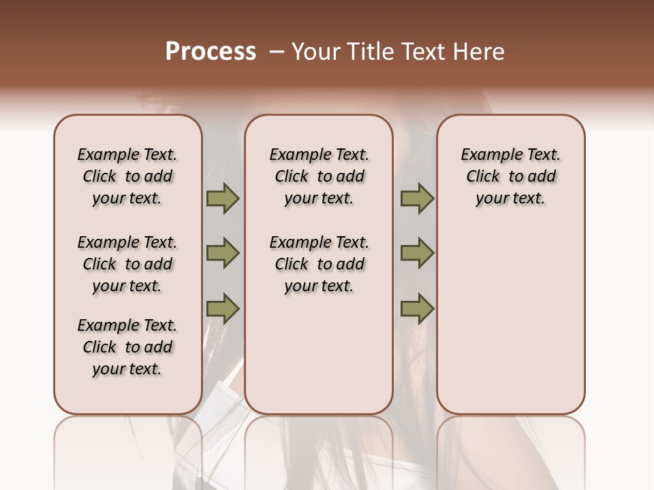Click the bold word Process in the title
coord(211,52)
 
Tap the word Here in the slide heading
coord(480,52)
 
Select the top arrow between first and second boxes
coord(223,199)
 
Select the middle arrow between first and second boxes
coord(223,253)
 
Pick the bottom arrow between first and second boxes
coord(223,309)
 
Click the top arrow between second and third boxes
coord(417,199)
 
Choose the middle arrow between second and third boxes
coord(417,253)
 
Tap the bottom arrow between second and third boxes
coord(417,309)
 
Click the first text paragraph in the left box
coord(127,176)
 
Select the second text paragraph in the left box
coord(127,264)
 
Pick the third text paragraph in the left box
coord(127,347)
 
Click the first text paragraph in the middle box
coord(319,176)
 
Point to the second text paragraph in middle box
coord(319,264)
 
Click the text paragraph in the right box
coord(510,176)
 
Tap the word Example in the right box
coord(487,155)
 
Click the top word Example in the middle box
coord(296,155)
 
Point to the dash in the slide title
coord(276,52)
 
